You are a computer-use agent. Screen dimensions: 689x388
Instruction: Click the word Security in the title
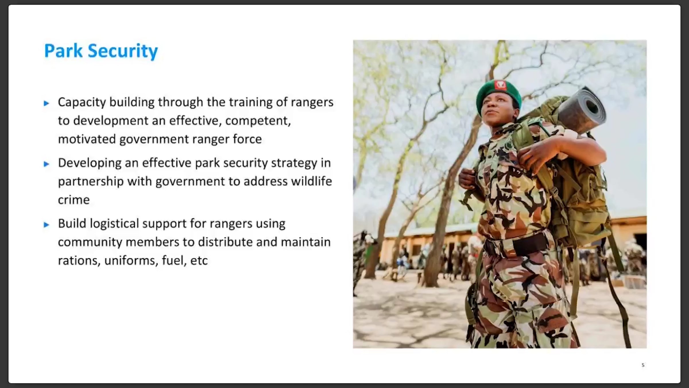coord(123,51)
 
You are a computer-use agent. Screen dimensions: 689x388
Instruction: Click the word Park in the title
coord(63,51)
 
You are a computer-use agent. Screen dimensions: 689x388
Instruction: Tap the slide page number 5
coord(643,365)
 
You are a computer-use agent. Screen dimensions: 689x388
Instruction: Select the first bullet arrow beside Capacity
coord(47,103)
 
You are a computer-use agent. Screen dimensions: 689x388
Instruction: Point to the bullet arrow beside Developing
coord(47,164)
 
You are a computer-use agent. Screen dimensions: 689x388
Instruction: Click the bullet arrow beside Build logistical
coord(47,224)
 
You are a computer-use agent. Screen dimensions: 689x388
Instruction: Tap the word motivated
coord(87,139)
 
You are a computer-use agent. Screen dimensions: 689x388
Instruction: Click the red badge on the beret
coord(500,85)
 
